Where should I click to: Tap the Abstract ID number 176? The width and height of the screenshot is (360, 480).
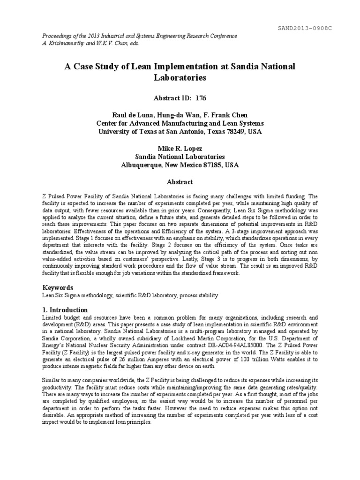point(200,98)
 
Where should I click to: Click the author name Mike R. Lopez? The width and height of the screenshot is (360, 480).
point(180,149)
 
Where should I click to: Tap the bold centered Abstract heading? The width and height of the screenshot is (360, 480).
point(180,182)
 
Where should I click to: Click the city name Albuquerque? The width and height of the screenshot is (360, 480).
point(142,165)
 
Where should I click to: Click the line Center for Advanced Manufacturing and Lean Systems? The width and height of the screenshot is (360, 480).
point(180,123)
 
